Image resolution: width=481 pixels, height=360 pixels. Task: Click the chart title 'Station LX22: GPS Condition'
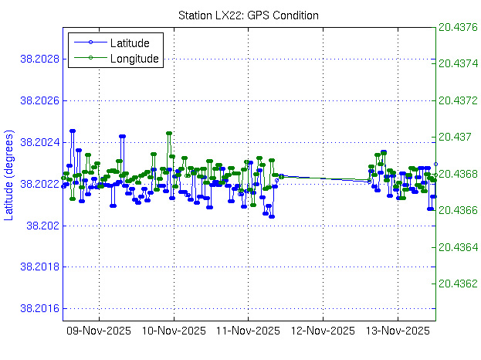248,15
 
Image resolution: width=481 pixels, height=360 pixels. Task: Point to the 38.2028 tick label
36,59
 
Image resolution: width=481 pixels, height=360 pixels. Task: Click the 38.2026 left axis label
36,101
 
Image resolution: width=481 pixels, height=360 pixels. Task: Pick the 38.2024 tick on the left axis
36,143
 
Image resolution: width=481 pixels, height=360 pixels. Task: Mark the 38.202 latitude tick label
40,226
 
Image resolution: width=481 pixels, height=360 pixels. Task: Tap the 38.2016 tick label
36,309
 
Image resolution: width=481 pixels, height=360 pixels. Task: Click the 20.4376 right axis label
458,27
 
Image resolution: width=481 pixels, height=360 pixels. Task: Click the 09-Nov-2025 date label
100,331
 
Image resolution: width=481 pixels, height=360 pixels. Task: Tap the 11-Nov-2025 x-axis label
248,331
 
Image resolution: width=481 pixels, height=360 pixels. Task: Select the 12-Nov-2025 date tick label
322,331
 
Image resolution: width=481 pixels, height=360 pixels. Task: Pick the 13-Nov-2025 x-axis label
397,331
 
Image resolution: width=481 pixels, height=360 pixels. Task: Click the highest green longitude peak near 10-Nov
168,133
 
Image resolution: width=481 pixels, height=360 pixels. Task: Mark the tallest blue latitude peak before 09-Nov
73,131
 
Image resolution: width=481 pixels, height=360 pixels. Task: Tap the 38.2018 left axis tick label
36,267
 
